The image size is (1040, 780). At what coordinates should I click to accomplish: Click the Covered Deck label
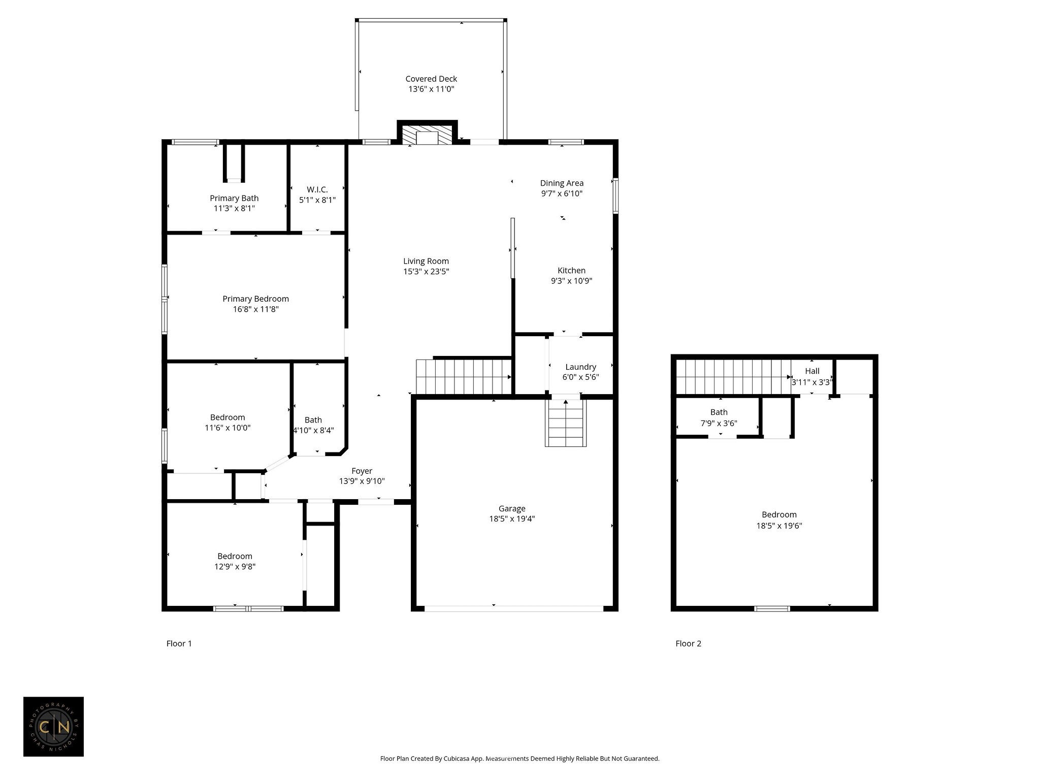(431, 79)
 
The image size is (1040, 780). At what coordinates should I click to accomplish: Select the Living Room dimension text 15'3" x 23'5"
(426, 272)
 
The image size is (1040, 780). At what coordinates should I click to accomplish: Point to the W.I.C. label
(317, 189)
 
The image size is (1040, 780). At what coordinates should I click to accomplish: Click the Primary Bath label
(234, 198)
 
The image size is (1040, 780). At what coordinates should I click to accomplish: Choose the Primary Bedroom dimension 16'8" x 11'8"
(256, 309)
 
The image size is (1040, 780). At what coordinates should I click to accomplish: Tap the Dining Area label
(562, 183)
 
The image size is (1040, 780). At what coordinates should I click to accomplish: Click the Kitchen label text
(572, 271)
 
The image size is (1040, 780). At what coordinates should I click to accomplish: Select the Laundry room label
(580, 367)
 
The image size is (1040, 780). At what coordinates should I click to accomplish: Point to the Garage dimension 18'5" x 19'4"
(512, 519)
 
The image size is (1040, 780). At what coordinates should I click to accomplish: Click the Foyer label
(362, 471)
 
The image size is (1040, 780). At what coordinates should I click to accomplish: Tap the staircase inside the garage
(566, 423)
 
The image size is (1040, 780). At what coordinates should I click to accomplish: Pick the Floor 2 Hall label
(812, 371)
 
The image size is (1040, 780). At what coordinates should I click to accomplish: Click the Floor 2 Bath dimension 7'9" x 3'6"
(719, 423)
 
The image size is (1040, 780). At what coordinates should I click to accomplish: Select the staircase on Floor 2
(733, 377)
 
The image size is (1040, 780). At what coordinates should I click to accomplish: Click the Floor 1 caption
(179, 643)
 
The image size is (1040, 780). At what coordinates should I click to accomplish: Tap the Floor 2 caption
(689, 643)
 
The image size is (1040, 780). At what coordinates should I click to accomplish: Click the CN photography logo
(53, 727)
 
